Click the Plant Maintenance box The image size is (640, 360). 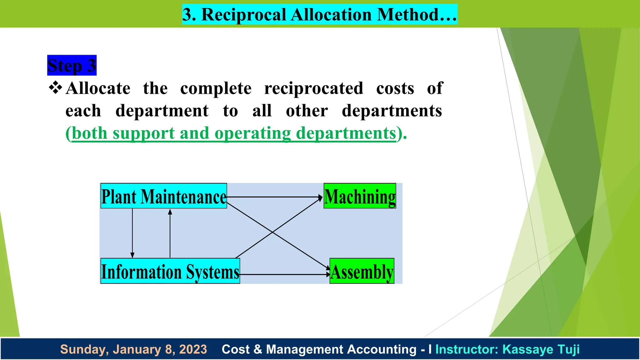pyautogui.click(x=163, y=196)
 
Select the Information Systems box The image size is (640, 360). pyautogui.click(x=170, y=271)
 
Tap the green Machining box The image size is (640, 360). pyautogui.click(x=360, y=196)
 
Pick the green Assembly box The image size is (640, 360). pyautogui.click(x=362, y=271)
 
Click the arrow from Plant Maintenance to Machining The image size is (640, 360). pyautogui.click(x=275, y=197)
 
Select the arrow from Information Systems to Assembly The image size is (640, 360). pyautogui.click(x=284, y=274)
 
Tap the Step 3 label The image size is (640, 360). pyautogui.click(x=72, y=65)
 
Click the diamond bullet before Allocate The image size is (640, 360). pyautogui.click(x=56, y=87)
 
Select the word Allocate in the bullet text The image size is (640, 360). pyautogui.click(x=98, y=88)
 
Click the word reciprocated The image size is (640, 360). pyautogui.click(x=314, y=88)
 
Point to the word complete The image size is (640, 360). pyautogui.click(x=216, y=88)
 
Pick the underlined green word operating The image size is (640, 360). pyautogui.click(x=253, y=133)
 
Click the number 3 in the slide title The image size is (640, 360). pyautogui.click(x=187, y=14)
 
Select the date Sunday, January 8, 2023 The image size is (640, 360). pyautogui.click(x=133, y=349)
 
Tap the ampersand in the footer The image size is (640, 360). pyautogui.click(x=258, y=349)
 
